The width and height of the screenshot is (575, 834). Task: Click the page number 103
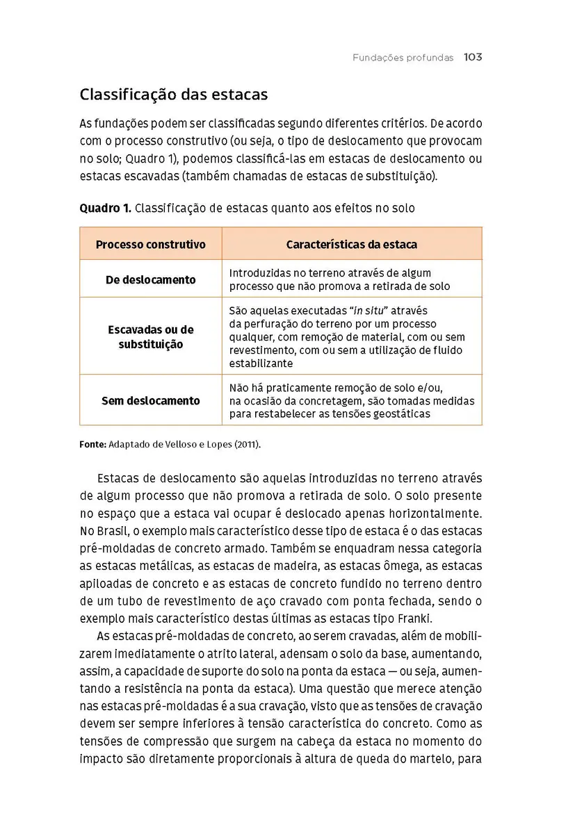pyautogui.click(x=473, y=58)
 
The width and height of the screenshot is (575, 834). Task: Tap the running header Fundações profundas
pyautogui.click(x=403, y=58)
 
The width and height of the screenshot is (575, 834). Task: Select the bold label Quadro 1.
pyautogui.click(x=104, y=208)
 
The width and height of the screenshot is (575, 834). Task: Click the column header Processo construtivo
pyautogui.click(x=151, y=245)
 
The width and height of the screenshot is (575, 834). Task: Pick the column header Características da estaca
pyautogui.click(x=352, y=245)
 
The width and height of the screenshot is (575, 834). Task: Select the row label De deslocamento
pyautogui.click(x=151, y=280)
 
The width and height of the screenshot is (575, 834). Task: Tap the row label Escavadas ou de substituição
pyautogui.click(x=151, y=337)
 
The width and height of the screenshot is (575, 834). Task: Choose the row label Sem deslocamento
pyautogui.click(x=151, y=401)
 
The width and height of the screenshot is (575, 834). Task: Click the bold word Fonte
pyautogui.click(x=93, y=443)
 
